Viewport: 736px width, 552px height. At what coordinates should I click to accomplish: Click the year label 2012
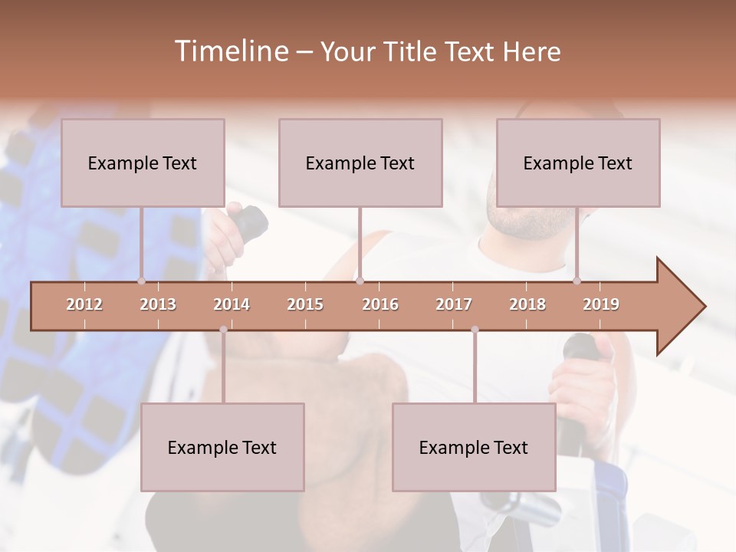pyautogui.click(x=84, y=304)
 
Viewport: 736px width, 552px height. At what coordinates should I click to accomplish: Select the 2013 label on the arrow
pyautogui.click(x=158, y=304)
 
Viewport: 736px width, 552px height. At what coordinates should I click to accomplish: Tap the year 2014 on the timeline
pyautogui.click(x=232, y=304)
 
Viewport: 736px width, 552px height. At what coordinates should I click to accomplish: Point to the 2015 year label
pyautogui.click(x=305, y=304)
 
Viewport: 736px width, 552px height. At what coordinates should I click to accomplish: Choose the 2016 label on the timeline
pyautogui.click(x=380, y=304)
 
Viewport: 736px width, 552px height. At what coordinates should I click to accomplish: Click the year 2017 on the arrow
pyautogui.click(x=454, y=304)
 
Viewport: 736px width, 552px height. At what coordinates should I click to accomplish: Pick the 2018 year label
pyautogui.click(x=527, y=304)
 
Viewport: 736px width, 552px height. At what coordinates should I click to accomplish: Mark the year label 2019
pyautogui.click(x=601, y=304)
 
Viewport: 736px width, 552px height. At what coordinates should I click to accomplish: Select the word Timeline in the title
pyautogui.click(x=230, y=51)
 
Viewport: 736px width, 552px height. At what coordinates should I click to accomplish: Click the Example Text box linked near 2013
pyautogui.click(x=143, y=163)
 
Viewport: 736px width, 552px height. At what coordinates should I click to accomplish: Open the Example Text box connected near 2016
pyautogui.click(x=360, y=163)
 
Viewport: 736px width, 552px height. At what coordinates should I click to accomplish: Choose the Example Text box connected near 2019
pyautogui.click(x=578, y=163)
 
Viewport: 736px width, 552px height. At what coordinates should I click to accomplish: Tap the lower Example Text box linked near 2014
pyautogui.click(x=222, y=447)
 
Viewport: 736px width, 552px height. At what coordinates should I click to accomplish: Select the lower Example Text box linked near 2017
pyautogui.click(x=474, y=447)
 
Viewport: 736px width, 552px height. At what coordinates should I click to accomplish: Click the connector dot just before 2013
pyautogui.click(x=141, y=281)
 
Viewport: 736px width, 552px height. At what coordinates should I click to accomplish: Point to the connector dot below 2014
pyautogui.click(x=223, y=330)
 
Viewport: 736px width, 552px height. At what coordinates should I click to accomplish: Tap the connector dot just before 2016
pyautogui.click(x=360, y=281)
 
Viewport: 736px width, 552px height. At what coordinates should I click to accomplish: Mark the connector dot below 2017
pyautogui.click(x=475, y=330)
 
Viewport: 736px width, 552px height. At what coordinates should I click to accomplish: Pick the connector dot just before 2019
pyautogui.click(x=577, y=281)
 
